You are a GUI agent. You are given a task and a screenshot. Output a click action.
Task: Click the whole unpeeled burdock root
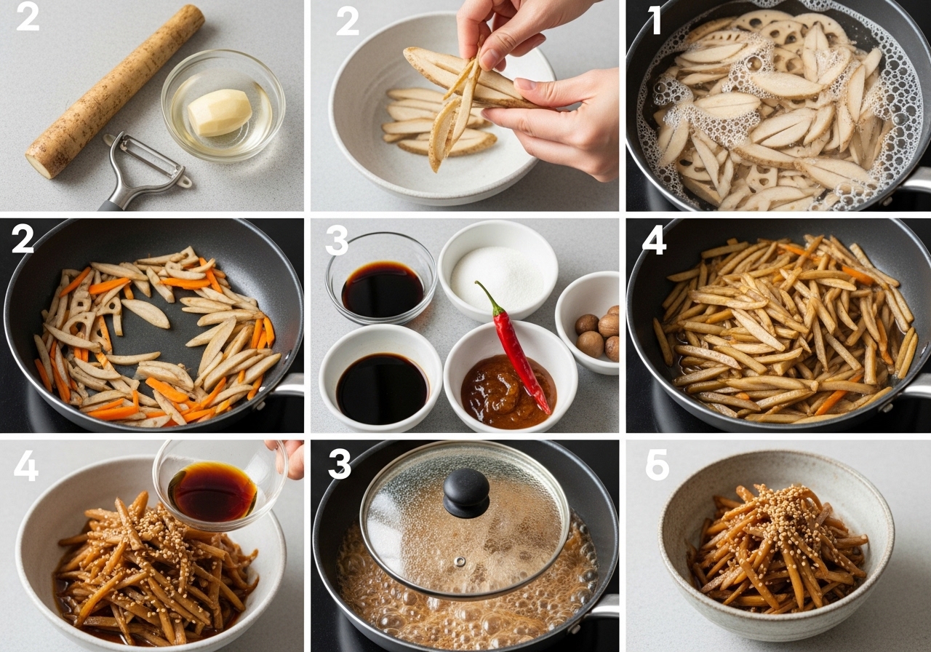click(x=115, y=92)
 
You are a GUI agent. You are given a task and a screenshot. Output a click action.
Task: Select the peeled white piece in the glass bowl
click(x=220, y=113)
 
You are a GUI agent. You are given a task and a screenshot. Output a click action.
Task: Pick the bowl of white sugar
click(x=498, y=271)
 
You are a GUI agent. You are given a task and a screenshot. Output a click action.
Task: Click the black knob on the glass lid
click(x=466, y=493)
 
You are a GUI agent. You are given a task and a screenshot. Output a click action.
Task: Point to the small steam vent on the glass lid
click(x=459, y=562)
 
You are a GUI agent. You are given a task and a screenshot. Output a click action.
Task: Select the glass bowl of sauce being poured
click(x=220, y=485)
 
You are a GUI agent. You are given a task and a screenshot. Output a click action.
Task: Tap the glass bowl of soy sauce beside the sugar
click(x=381, y=278)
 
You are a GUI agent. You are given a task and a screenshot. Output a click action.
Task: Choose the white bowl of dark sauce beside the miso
click(x=380, y=378)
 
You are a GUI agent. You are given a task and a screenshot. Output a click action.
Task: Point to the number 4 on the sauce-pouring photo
click(x=26, y=466)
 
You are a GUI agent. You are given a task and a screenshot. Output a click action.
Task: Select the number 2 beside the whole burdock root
click(x=28, y=18)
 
